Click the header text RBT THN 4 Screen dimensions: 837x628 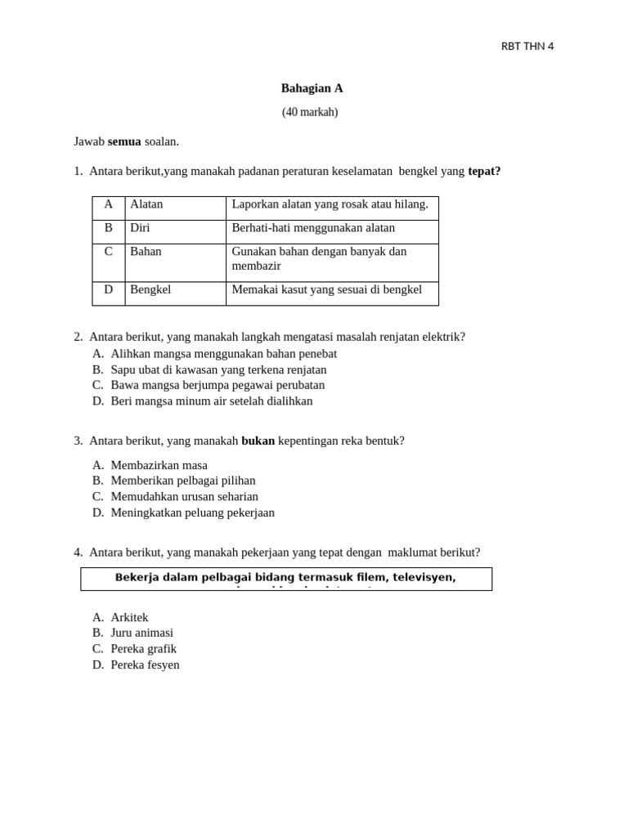click(527, 47)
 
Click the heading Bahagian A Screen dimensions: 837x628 click(312, 88)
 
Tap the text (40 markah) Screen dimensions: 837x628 click(310, 112)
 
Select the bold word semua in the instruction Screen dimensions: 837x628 click(124, 141)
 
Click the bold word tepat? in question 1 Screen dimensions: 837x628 click(484, 171)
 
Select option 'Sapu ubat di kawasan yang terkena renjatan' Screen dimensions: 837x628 click(218, 369)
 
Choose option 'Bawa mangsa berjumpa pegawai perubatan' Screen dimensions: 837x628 click(218, 385)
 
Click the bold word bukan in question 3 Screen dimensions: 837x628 click(258, 441)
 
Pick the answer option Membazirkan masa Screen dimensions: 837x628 click(159, 465)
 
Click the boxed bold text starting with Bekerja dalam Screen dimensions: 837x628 click(285, 578)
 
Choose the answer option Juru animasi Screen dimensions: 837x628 click(141, 633)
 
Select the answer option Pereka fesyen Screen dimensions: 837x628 click(145, 665)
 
